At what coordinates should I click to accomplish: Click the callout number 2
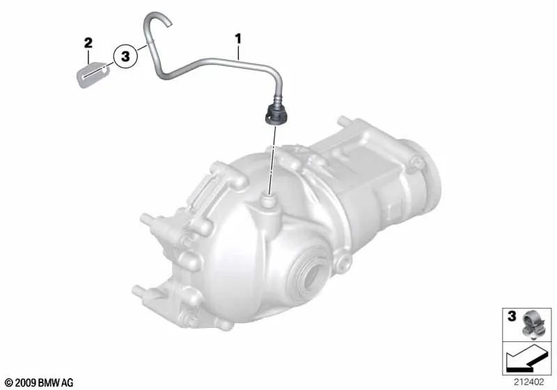pyautogui.click(x=88, y=44)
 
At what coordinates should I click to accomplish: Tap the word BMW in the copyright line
pyautogui.click(x=52, y=382)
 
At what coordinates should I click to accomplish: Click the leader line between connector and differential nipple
pyautogui.click(x=271, y=160)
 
